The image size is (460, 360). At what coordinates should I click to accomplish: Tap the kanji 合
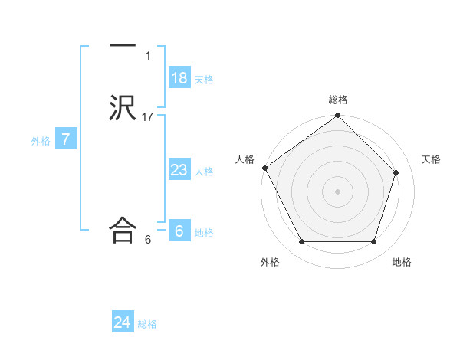(123, 230)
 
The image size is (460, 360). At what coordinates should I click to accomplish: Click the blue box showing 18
(179, 77)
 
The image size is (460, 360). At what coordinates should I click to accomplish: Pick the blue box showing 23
(179, 169)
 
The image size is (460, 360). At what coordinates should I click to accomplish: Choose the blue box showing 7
(67, 139)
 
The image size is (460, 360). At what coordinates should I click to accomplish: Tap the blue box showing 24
(123, 322)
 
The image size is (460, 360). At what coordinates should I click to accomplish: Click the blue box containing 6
(179, 231)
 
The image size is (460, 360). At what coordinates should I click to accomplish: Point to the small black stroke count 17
(148, 116)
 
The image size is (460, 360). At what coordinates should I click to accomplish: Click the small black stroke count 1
(148, 55)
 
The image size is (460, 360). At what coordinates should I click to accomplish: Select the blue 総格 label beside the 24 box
(147, 324)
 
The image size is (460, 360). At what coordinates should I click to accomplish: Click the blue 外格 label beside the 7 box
(41, 141)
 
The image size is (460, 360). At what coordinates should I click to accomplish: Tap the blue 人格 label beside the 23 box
(204, 172)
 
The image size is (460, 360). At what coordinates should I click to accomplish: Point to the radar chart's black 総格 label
(338, 100)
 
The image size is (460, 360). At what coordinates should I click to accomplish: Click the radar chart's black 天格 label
(432, 159)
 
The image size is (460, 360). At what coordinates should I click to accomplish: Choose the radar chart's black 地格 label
(402, 262)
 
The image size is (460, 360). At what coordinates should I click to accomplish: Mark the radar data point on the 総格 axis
(338, 116)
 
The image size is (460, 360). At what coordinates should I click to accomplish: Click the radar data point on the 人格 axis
(264, 168)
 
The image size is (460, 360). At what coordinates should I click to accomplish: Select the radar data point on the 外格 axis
(301, 242)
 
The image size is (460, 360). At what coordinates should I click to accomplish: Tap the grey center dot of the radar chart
(338, 191)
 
